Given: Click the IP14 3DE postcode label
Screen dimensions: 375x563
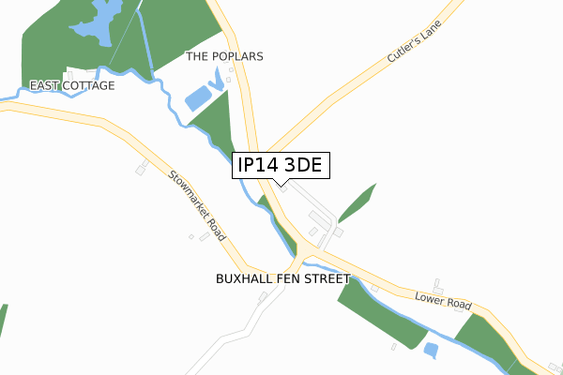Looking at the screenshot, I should (x=281, y=166).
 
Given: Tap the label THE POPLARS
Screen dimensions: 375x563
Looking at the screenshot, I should (x=224, y=56).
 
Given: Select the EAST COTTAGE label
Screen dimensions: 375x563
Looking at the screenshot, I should (x=72, y=85).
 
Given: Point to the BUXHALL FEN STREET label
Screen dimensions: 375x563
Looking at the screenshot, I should (x=282, y=279).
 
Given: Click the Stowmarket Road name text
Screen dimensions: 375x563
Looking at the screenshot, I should (x=199, y=205).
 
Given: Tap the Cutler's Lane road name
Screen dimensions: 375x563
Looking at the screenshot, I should (x=413, y=45).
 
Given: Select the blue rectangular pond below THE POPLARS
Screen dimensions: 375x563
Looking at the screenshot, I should (x=198, y=97).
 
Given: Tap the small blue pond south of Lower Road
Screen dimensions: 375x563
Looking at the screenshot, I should (x=431, y=351).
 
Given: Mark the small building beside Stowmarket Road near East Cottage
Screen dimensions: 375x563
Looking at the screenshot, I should (x=143, y=168).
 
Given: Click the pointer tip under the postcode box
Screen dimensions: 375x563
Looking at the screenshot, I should (x=281, y=184).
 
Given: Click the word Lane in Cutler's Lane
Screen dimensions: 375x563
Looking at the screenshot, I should (x=430, y=32).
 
